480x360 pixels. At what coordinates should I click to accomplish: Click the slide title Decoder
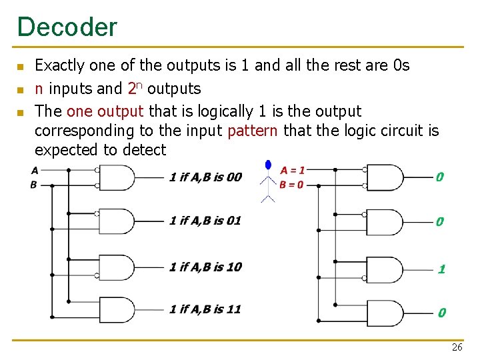[x=67, y=27]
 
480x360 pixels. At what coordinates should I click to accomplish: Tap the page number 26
[x=457, y=347]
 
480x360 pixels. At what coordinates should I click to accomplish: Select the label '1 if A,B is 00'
[x=205, y=177]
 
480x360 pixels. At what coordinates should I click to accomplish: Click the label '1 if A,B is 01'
[x=205, y=221]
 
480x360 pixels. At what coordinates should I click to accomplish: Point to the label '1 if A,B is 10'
[x=205, y=267]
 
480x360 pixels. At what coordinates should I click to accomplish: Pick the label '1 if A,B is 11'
[x=205, y=309]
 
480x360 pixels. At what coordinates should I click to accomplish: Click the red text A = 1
[x=292, y=171]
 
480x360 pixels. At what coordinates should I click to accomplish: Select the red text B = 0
[x=292, y=185]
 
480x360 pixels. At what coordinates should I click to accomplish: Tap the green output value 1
[x=441, y=269]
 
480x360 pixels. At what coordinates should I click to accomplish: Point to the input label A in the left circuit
[x=34, y=170]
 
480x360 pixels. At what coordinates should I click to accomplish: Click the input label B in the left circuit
[x=34, y=185]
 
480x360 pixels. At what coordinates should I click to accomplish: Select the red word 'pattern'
[x=252, y=130]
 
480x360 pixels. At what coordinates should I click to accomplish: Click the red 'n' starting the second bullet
[x=39, y=89]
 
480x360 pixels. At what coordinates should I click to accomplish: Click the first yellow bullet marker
[x=20, y=67]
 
